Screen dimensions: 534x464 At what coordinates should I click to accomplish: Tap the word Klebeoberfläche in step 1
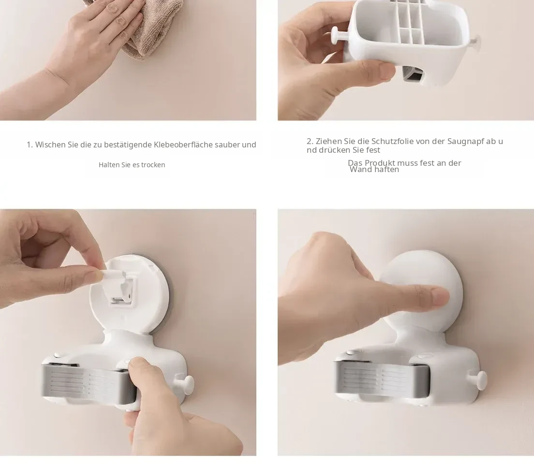pos(183,145)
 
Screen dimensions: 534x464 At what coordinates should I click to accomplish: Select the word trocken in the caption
pos(153,165)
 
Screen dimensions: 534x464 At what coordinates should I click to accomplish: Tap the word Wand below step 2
pos(360,170)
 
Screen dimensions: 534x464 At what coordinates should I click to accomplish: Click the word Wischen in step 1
pos(50,145)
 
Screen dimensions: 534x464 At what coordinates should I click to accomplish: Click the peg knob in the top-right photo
pos(337,36)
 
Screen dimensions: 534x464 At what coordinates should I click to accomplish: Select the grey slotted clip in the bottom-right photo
pos(382,378)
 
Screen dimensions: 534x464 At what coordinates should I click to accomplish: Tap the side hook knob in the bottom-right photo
pos(480,380)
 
